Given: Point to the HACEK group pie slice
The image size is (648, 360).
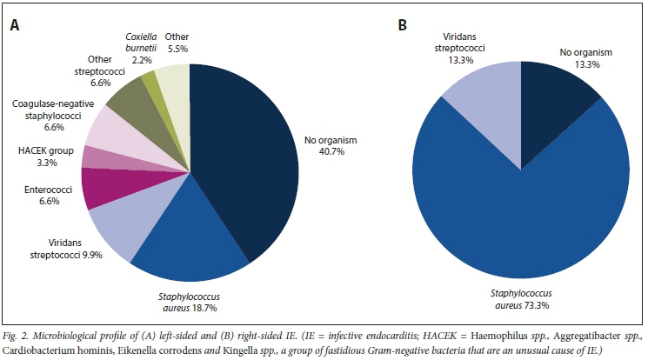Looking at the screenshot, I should pos(97,157).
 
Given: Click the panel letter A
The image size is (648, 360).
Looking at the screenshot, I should pos(15,25).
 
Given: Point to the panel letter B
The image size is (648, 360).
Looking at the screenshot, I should pos(402,24).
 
